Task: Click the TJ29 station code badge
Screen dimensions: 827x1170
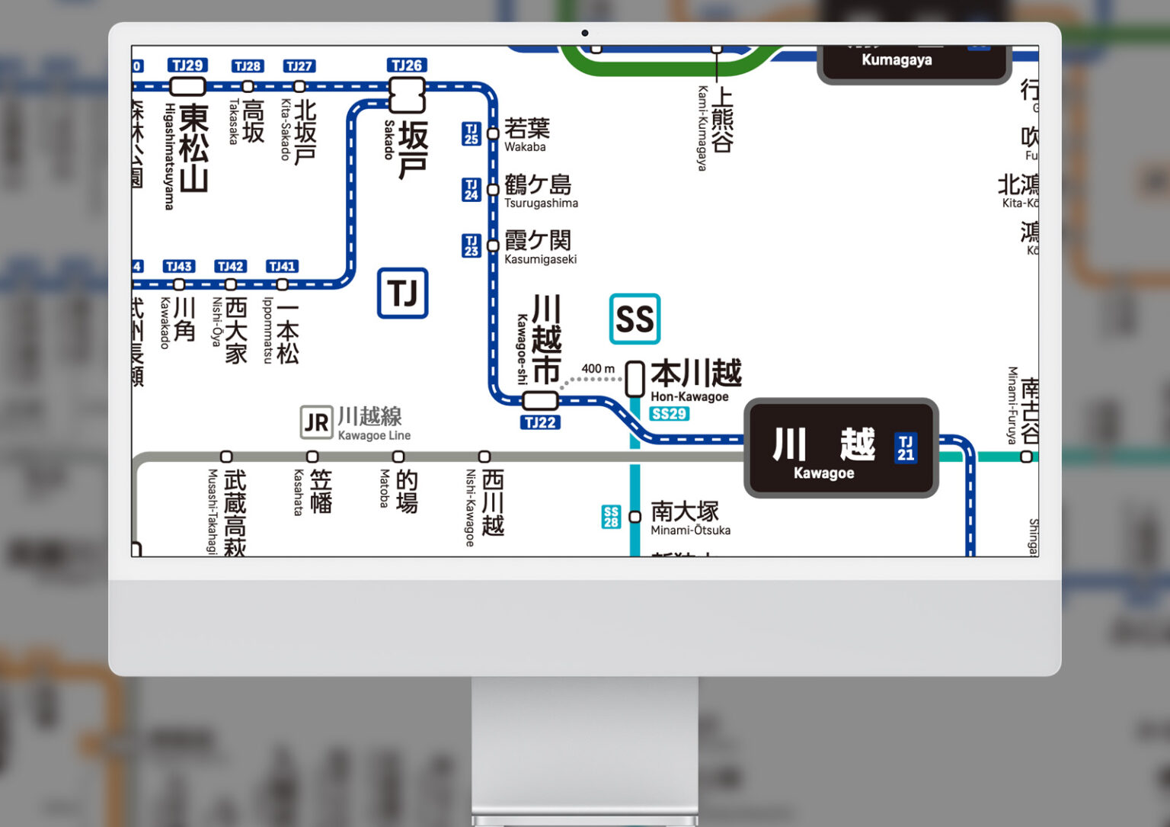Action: tap(187, 66)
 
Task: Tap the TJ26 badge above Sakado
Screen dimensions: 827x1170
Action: tap(406, 66)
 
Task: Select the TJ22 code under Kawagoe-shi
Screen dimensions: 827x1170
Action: tap(540, 422)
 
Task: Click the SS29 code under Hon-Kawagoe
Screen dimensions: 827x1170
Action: tap(670, 414)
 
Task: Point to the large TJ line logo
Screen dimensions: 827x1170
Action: tap(402, 293)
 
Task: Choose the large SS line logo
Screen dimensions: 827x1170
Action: tap(635, 319)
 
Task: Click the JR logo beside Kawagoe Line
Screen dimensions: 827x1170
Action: tap(316, 422)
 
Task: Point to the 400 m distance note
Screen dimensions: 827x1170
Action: tap(598, 369)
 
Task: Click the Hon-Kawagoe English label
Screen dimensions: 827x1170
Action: tap(689, 396)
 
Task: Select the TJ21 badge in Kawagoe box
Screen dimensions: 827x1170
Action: tap(905, 448)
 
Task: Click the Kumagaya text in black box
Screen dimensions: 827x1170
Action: tap(897, 59)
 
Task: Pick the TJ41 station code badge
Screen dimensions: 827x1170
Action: tap(282, 266)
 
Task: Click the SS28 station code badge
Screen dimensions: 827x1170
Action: tap(611, 517)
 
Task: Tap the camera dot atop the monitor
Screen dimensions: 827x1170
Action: tap(585, 33)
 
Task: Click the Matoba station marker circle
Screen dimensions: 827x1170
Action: tap(398, 457)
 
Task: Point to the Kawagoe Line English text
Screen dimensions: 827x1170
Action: tap(374, 435)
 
